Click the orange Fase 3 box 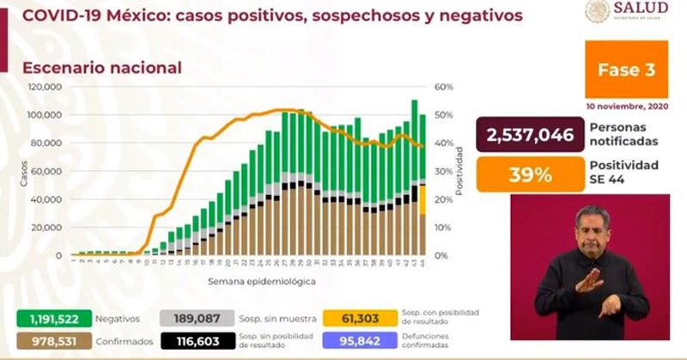point(625,70)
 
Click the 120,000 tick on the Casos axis point(44,88)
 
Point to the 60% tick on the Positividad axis point(443,88)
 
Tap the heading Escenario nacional point(102,67)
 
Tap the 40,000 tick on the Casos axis point(46,199)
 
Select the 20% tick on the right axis point(443,199)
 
